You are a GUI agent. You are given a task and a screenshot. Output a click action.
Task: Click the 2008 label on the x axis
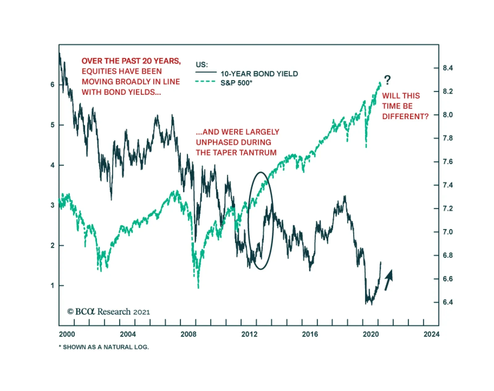(x=188, y=334)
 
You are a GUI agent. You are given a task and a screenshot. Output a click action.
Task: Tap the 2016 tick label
(x=310, y=334)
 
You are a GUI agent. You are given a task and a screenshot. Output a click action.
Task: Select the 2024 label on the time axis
(x=431, y=334)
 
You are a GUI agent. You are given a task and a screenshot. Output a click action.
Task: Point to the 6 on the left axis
(x=52, y=85)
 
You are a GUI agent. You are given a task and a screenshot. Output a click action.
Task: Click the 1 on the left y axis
(x=52, y=285)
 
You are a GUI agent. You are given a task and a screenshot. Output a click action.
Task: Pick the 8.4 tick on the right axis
(x=448, y=68)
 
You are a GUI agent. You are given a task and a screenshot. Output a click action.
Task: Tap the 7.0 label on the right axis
(x=448, y=232)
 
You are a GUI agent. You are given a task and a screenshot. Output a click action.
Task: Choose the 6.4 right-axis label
(x=448, y=302)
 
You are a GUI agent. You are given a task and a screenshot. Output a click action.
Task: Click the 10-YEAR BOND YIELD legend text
(x=259, y=74)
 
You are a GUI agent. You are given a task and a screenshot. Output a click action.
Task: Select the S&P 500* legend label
(x=236, y=83)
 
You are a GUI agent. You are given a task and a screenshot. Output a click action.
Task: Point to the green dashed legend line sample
(x=205, y=82)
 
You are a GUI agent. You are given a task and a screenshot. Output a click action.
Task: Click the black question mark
(x=387, y=80)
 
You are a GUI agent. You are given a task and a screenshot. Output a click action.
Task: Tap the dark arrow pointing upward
(x=389, y=280)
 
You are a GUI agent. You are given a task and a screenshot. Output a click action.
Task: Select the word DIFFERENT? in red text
(x=405, y=116)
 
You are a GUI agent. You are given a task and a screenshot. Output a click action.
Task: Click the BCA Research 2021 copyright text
(x=109, y=312)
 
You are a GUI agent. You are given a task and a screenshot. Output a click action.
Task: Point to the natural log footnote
(x=104, y=347)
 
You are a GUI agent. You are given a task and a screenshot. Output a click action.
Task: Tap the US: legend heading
(x=202, y=65)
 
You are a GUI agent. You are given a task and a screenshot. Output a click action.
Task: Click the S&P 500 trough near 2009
(x=198, y=287)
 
